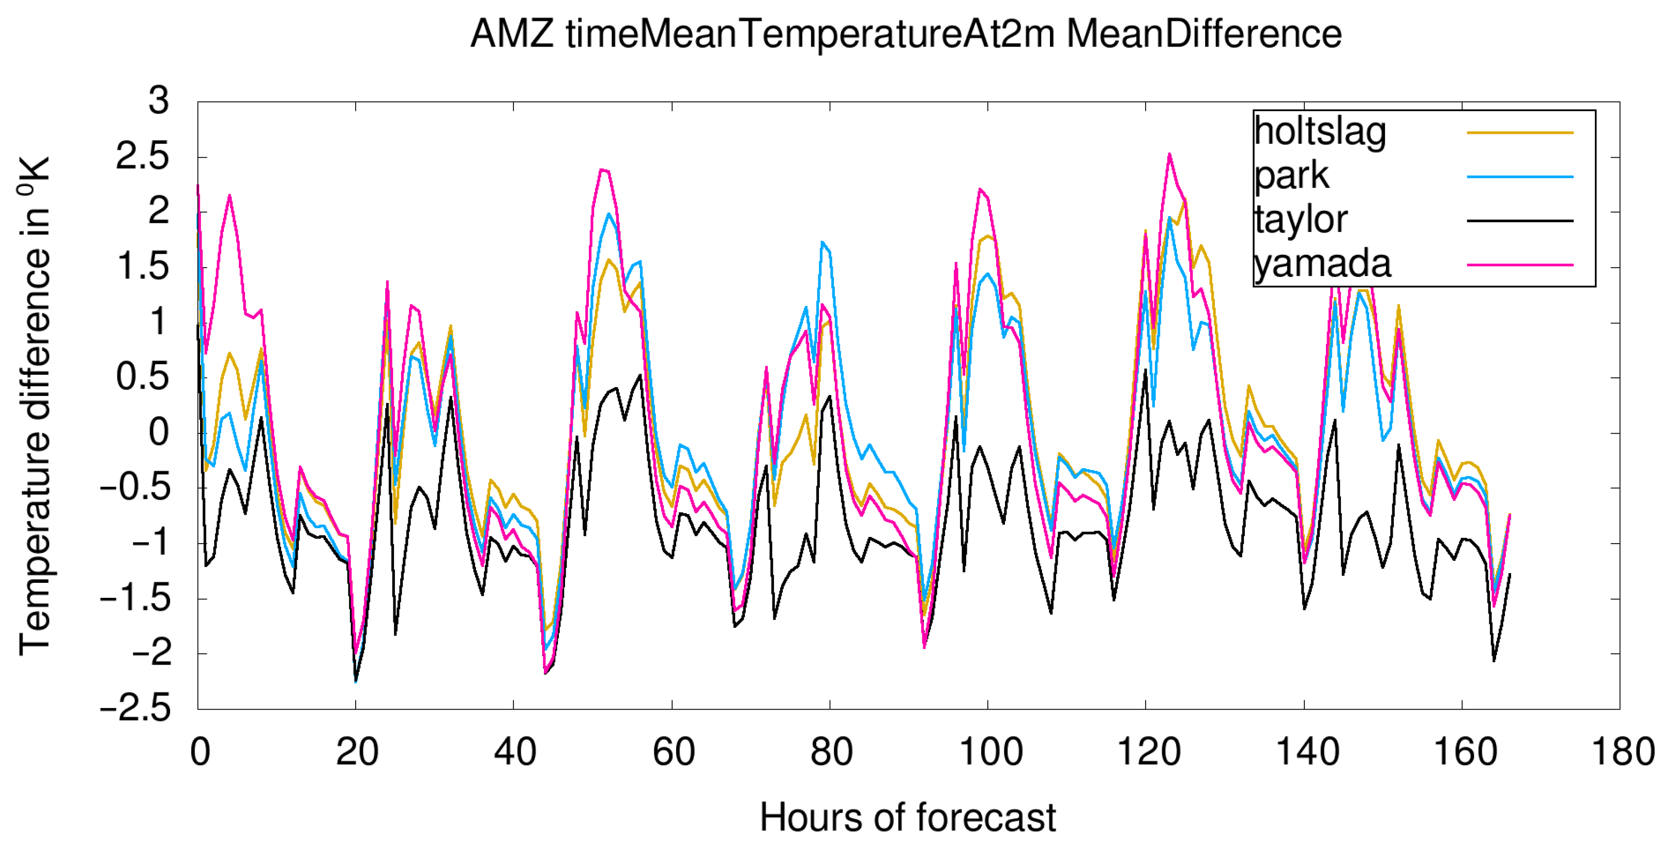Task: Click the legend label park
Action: [x=1291, y=175]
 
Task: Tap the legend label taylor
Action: [x=1300, y=220]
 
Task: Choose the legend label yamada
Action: [x=1322, y=264]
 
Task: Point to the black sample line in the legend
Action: [x=1520, y=220]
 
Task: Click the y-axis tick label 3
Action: [x=159, y=101]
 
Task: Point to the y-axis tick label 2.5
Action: [x=143, y=157]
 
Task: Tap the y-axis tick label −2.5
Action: [x=135, y=709]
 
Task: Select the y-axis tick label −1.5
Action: [x=135, y=598]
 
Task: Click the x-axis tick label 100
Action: [x=990, y=752]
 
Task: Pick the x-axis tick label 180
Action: [x=1622, y=752]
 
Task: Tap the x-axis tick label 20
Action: [x=357, y=752]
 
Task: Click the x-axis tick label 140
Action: [x=1307, y=752]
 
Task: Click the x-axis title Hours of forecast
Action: [x=907, y=818]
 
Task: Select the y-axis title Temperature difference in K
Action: [x=34, y=406]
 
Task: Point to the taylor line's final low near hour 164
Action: [x=1494, y=660]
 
